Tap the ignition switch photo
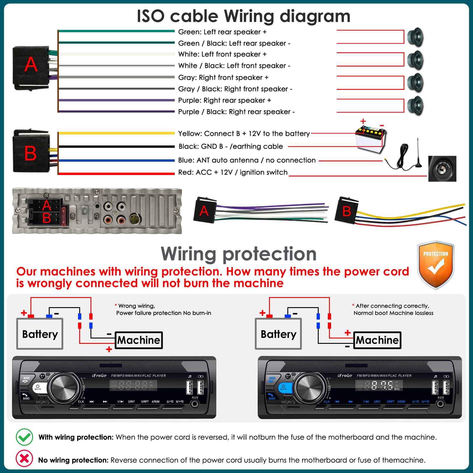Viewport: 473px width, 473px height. click(x=442, y=169)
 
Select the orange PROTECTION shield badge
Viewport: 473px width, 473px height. click(x=435, y=265)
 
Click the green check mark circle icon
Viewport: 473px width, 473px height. click(x=24, y=437)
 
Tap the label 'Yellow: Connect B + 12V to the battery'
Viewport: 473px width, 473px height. click(x=244, y=134)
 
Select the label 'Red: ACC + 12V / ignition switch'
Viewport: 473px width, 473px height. click(x=233, y=172)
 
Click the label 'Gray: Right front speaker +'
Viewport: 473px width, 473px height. click(x=223, y=77)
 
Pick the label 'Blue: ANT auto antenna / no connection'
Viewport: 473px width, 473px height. click(x=247, y=160)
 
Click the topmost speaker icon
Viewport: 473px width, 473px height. click(x=415, y=37)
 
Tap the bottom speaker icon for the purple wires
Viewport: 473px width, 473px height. click(x=415, y=106)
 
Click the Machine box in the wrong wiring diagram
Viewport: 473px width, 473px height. click(x=139, y=340)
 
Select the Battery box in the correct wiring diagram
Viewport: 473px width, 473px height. click(x=278, y=334)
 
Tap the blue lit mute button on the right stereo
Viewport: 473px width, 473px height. click(x=284, y=387)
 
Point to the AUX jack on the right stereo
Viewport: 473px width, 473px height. click(x=440, y=404)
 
